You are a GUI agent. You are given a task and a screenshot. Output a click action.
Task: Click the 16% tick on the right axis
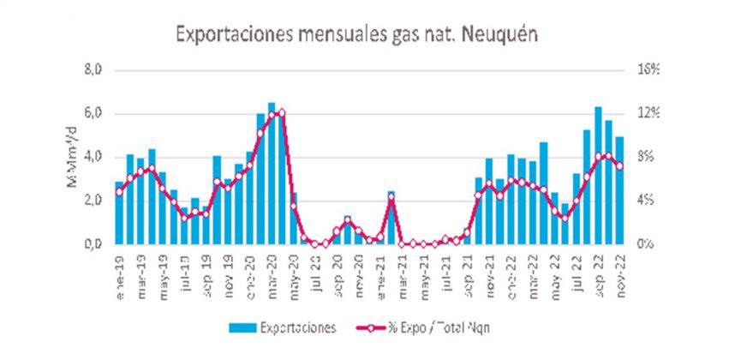click(646, 70)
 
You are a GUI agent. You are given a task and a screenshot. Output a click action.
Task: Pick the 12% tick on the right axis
click(646, 114)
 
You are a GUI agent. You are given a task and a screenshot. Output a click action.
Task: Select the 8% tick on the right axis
click(646, 158)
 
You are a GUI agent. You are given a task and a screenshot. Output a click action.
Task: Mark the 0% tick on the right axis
click(646, 244)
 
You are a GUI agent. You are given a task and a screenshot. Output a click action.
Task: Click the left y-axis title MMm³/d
click(74, 158)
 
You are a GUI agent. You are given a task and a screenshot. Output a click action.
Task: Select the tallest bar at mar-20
click(272, 171)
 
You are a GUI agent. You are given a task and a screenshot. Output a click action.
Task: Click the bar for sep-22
click(598, 176)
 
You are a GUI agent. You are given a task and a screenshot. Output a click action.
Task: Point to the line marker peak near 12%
click(282, 112)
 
